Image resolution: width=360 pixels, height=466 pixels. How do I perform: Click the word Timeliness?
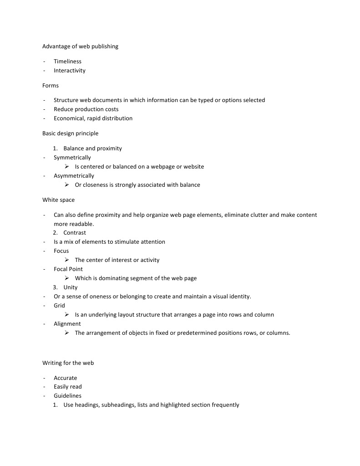click(67, 61)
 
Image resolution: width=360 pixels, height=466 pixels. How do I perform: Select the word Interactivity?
click(69, 71)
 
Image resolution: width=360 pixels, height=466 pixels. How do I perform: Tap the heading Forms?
click(51, 86)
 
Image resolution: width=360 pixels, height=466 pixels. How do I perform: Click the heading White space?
click(58, 200)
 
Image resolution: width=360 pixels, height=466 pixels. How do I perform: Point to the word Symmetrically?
click(72, 158)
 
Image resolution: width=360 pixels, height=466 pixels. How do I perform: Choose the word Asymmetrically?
click(74, 176)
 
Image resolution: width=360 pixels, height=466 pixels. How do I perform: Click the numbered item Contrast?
click(75, 233)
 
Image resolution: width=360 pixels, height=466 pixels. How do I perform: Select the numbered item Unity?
click(71, 287)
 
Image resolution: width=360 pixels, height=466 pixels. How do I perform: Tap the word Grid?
click(59, 306)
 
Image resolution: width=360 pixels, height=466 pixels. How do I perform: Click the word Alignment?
click(67, 324)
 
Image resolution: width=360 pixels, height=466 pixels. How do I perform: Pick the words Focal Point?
click(68, 269)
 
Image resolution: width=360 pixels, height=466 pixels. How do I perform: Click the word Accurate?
click(66, 378)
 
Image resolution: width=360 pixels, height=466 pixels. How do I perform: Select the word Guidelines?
click(68, 396)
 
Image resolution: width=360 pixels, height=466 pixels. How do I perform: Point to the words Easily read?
click(68, 387)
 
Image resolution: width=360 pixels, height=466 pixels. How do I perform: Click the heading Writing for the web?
click(68, 363)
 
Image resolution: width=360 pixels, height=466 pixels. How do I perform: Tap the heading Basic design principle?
click(70, 133)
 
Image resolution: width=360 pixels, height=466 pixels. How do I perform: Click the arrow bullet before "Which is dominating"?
click(66, 278)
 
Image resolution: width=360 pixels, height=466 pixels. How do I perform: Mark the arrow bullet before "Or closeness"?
click(66, 185)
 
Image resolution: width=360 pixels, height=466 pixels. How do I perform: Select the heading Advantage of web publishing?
click(80, 46)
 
